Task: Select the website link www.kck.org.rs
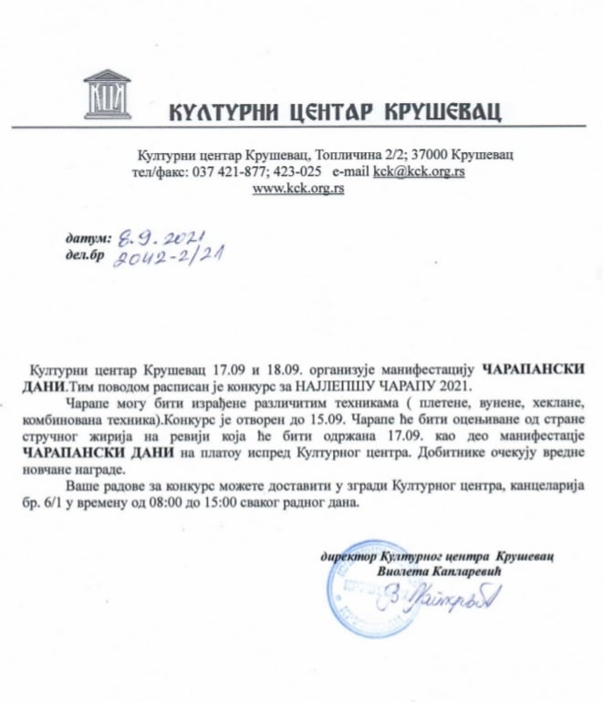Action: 297,189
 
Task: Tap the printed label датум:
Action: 87,238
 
